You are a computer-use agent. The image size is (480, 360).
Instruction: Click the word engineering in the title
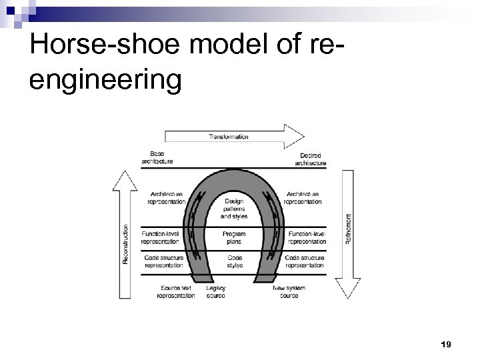click(105, 80)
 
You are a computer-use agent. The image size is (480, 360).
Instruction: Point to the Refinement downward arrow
click(349, 233)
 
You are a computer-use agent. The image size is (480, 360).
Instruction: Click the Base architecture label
click(157, 158)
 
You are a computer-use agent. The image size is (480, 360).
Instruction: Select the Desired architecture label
click(310, 159)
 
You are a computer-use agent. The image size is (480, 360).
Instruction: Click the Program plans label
click(234, 238)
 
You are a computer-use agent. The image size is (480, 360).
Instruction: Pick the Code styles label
click(235, 261)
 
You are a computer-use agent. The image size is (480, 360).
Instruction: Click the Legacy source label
click(216, 292)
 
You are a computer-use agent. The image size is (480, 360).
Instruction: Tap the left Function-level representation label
click(163, 238)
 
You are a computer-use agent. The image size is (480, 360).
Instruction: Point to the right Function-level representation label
click(307, 238)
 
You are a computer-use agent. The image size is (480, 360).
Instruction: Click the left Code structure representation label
click(163, 261)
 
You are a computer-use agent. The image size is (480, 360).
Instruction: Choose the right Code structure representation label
click(305, 261)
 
